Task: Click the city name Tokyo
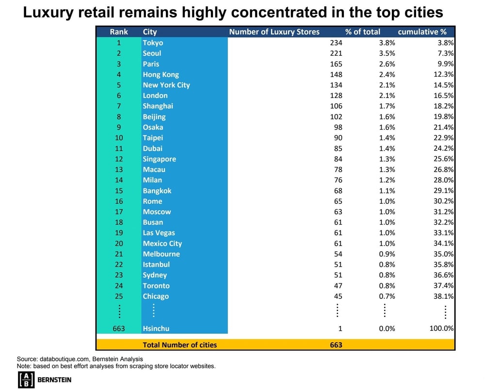coord(153,43)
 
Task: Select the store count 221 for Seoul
coord(336,53)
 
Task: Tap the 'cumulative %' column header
coord(422,32)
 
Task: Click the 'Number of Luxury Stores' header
coord(274,32)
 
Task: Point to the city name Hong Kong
coord(161,75)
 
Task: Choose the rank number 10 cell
coord(119,138)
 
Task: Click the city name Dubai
coord(152,148)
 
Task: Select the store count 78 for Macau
coord(338,170)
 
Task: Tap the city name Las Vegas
coord(159,233)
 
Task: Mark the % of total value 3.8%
coord(387,43)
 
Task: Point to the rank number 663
coord(119,328)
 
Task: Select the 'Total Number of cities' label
coord(179,345)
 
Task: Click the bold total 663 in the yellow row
coord(336,345)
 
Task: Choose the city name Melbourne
coord(161,254)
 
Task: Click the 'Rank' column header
coord(119,32)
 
